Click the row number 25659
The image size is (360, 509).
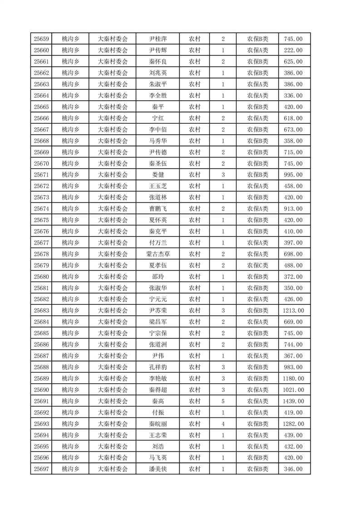point(41,39)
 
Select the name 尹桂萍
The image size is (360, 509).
point(158,39)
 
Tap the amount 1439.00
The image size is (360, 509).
point(294,401)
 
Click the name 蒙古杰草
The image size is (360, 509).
point(158,254)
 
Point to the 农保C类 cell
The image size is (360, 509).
point(257,265)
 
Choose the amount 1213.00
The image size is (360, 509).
point(294,311)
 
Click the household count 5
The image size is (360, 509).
point(223,401)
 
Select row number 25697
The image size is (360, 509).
point(41,469)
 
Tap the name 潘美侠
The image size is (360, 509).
point(158,469)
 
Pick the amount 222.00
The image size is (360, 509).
point(294,50)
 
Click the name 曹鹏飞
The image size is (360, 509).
point(158,209)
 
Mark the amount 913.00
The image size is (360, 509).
point(294,209)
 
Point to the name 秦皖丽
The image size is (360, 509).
point(158,424)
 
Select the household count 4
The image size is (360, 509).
point(223,424)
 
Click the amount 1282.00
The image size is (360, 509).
point(294,424)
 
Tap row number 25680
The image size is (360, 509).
point(41,277)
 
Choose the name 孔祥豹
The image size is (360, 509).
point(158,367)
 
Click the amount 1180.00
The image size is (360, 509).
point(294,379)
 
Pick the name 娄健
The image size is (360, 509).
point(158,175)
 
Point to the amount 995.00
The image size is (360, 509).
point(294,175)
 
